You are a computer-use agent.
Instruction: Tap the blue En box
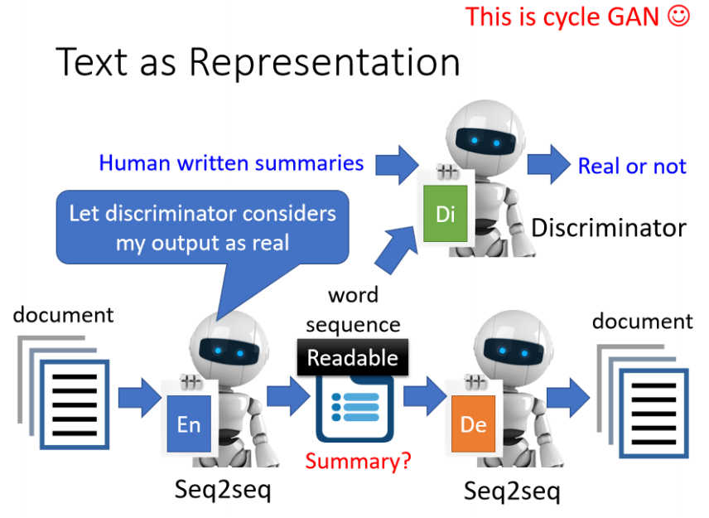(190, 424)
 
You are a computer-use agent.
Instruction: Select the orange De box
(473, 424)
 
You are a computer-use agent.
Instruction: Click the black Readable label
(353, 358)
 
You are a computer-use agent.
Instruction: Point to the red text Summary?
(359, 461)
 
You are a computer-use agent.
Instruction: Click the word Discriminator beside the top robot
(609, 227)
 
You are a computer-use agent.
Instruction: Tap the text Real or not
(632, 166)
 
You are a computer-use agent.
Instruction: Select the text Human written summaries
(231, 162)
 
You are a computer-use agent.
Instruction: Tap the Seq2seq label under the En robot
(223, 489)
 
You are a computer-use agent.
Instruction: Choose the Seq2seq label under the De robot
(511, 491)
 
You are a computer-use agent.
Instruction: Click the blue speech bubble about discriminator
(203, 226)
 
